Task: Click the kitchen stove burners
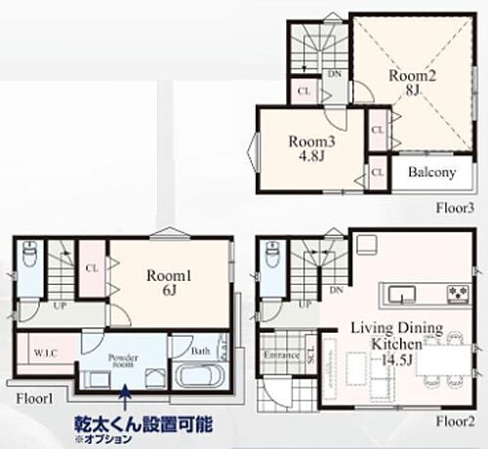point(456,294)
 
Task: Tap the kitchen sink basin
point(399,294)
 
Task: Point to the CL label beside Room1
point(92,265)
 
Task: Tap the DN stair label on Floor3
point(335,73)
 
